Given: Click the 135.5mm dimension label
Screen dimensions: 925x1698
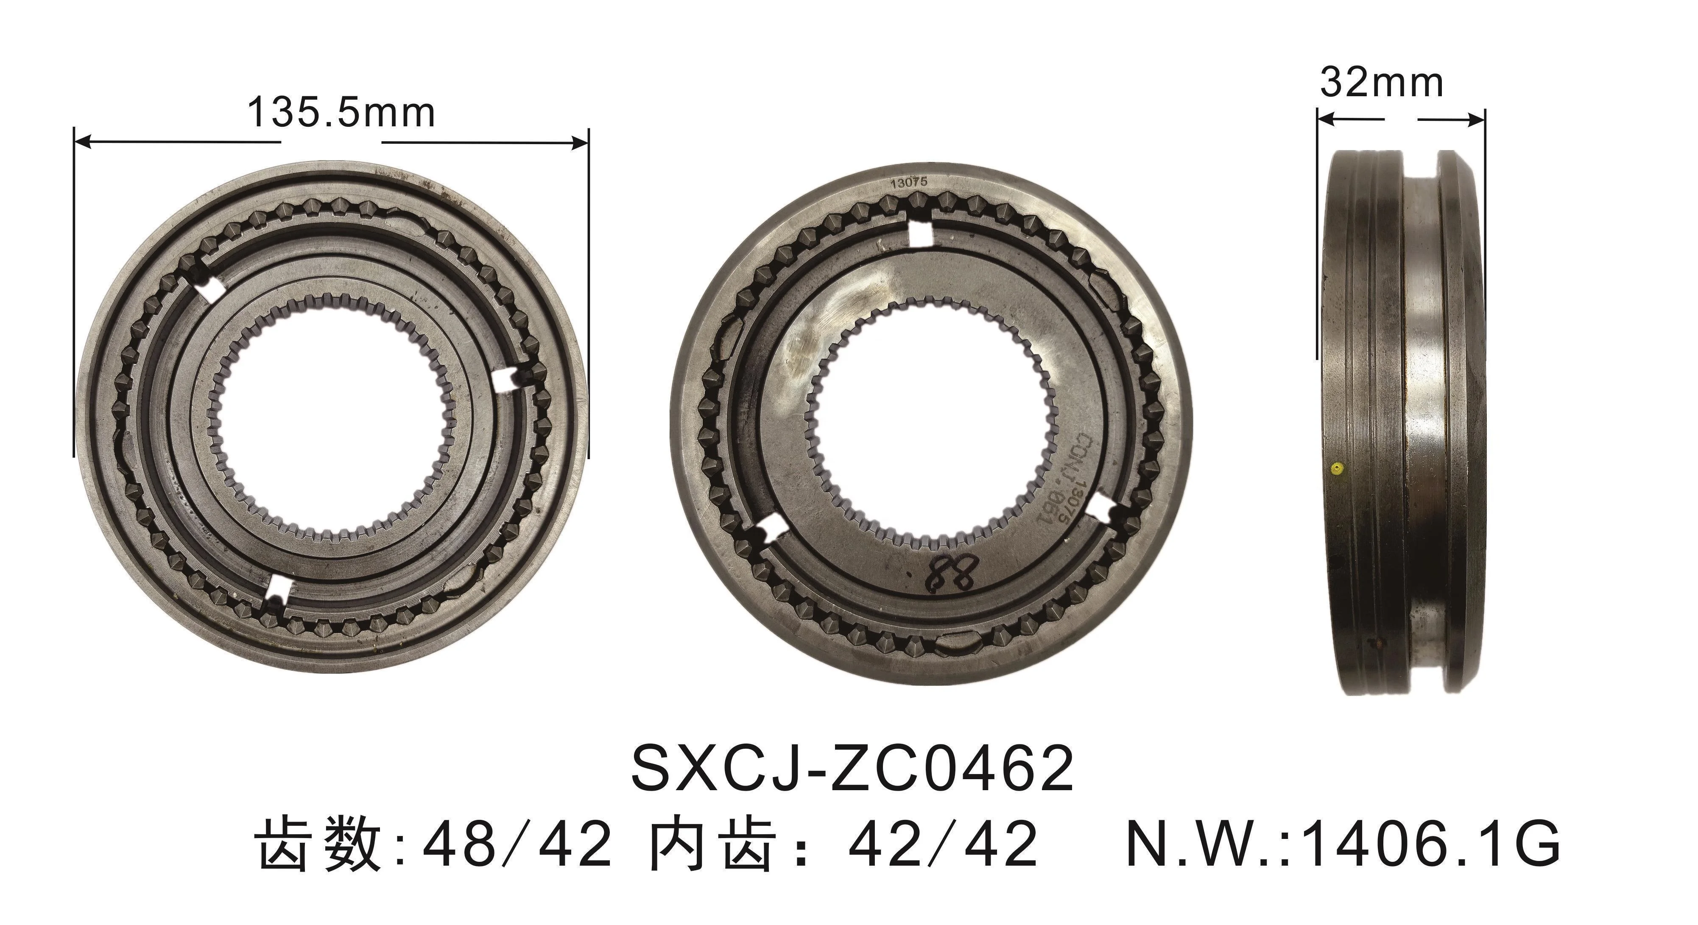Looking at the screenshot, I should click(341, 113).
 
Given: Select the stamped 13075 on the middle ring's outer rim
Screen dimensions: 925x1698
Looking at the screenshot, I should click(908, 184).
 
